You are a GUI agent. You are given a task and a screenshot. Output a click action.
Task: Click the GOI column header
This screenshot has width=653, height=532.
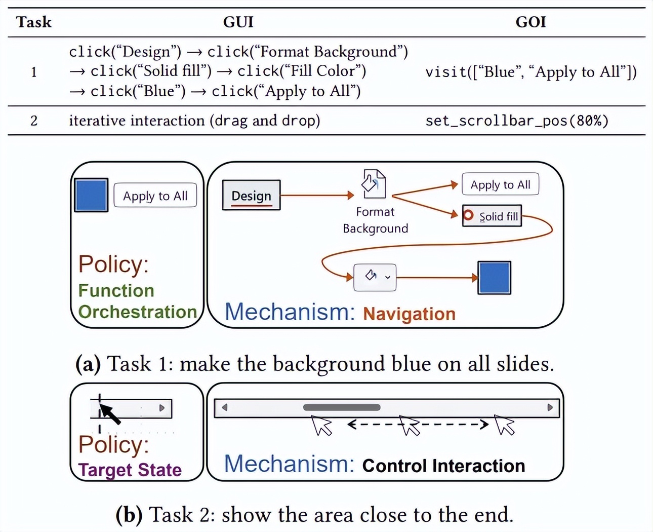point(530,22)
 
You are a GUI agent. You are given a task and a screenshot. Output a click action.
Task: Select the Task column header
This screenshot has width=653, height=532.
point(34,22)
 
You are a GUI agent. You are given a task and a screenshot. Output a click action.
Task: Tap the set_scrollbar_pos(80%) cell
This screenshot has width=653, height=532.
point(517,121)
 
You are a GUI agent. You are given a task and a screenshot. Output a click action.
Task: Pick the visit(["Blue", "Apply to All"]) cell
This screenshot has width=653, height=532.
point(531,72)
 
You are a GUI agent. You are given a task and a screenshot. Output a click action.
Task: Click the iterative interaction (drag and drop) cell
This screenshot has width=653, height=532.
point(194,121)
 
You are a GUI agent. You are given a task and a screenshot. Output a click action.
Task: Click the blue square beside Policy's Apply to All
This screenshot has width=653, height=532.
point(91,195)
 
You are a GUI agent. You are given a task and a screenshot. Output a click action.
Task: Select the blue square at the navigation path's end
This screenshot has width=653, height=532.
point(495,278)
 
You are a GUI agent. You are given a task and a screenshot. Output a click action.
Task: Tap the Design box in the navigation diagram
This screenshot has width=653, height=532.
point(251,196)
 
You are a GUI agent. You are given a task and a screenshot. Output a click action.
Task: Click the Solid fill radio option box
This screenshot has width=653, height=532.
point(492,216)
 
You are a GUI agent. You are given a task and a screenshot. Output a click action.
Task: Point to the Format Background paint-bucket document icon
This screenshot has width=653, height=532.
point(374,184)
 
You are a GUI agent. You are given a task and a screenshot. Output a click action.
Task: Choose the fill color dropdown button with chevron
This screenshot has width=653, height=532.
point(375,277)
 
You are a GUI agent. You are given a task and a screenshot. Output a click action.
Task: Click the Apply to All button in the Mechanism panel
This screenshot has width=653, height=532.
point(500,185)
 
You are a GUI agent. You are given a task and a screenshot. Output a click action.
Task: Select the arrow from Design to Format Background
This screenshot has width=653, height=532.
point(317,195)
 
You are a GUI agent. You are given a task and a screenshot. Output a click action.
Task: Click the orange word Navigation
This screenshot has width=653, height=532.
point(409,314)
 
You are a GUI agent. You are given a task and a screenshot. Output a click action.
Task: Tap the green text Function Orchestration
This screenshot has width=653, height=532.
point(137,301)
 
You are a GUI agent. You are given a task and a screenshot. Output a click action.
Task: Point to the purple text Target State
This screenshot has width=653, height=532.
point(130,470)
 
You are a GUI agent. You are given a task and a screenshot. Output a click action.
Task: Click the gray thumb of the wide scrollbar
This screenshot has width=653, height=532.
point(342,407)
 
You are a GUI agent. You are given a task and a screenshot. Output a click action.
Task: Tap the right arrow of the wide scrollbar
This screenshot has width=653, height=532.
point(550,407)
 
